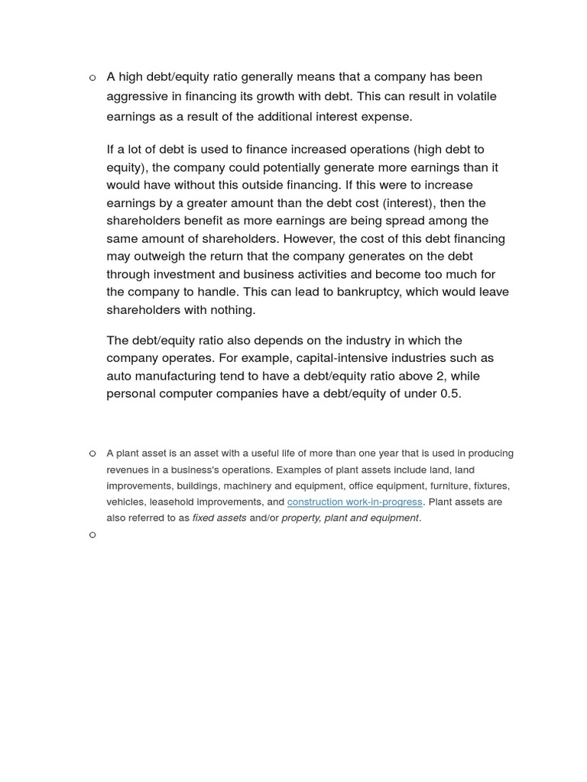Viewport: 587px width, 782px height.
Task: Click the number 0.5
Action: point(449,394)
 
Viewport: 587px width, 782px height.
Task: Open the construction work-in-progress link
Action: point(355,502)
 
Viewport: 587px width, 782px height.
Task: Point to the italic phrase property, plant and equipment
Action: point(350,518)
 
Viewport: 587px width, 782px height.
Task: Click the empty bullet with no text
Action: point(92,535)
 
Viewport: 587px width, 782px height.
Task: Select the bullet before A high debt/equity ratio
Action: point(92,77)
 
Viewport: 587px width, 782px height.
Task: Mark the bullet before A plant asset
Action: point(92,454)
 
